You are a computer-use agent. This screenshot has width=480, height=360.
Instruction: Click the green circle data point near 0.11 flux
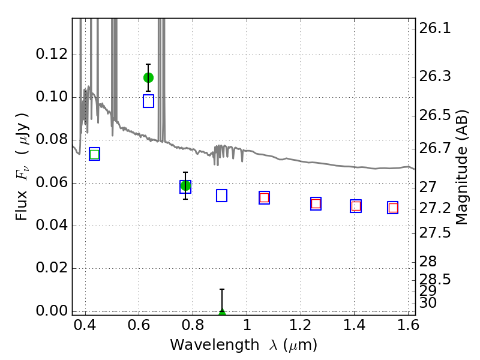(148, 78)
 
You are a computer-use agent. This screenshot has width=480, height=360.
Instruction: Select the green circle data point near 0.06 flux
(185, 186)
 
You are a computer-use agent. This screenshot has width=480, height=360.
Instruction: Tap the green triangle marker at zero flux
(222, 312)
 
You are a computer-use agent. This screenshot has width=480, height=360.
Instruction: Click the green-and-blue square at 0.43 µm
(95, 154)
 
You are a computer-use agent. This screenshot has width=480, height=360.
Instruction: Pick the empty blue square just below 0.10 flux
(148, 101)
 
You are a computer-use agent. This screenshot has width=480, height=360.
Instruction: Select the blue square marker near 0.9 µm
(221, 196)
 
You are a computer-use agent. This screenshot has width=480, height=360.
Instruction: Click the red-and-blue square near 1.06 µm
(264, 198)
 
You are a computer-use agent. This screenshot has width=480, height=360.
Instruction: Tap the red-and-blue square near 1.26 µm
(316, 204)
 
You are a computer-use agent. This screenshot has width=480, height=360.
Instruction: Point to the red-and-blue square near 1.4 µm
(356, 206)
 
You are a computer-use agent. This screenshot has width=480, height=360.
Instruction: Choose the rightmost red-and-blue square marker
(393, 208)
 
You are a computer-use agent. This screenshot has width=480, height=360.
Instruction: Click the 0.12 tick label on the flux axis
(52, 54)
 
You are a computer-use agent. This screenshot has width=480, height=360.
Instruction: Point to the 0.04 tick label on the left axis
(52, 226)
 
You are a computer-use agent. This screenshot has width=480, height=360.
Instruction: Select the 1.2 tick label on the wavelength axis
(301, 325)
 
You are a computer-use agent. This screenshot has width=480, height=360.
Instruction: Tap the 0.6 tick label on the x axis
(139, 325)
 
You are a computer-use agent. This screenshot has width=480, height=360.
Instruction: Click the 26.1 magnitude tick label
(434, 28)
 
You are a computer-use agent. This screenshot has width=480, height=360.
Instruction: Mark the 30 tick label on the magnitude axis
(428, 303)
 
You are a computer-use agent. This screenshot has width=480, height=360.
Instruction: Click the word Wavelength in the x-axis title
(215, 345)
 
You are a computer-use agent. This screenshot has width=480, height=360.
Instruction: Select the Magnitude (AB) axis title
(461, 167)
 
